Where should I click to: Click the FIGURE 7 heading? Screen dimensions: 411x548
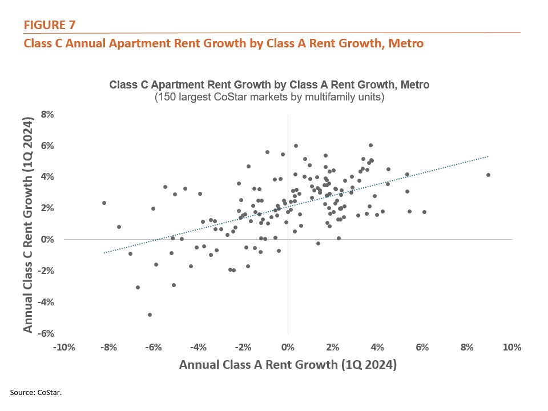(49, 25)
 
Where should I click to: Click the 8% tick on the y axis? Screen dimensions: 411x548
(46, 115)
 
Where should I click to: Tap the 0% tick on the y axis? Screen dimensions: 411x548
(46, 240)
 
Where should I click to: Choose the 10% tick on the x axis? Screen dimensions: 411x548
(512, 348)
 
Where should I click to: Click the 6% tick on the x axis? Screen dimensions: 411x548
(422, 348)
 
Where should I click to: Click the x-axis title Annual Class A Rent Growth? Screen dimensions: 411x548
(288, 364)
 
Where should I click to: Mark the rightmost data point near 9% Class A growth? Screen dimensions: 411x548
(488, 175)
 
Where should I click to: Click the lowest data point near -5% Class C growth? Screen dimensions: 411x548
(150, 315)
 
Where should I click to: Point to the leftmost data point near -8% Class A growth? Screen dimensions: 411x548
(104, 203)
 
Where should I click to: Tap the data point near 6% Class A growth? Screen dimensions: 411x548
(424, 212)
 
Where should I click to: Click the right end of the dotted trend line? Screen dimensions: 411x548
(488, 156)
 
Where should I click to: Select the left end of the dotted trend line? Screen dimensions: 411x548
(104, 252)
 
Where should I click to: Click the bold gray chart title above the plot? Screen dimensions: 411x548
(269, 84)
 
